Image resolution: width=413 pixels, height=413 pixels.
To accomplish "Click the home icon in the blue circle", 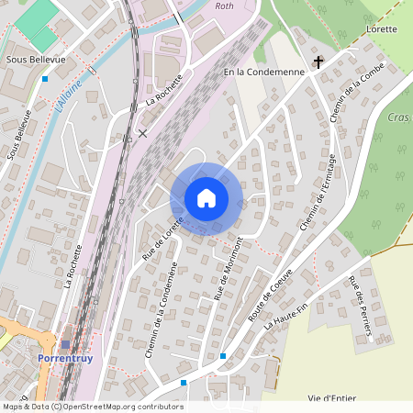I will [206, 198].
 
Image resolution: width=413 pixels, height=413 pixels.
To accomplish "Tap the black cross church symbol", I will [318, 62].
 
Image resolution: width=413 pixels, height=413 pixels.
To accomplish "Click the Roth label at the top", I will [223, 6].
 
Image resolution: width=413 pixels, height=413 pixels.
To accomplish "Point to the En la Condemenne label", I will [263, 71].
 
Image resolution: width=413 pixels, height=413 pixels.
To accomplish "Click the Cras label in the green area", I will [398, 117].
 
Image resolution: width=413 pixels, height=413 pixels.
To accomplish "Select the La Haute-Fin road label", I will [284, 312].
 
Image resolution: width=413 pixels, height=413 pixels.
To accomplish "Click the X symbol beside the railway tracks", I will [142, 133].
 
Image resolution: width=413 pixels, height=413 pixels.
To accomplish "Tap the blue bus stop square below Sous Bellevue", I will [44, 79].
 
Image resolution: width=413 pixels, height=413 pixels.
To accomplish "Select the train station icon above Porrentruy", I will [65, 344].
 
